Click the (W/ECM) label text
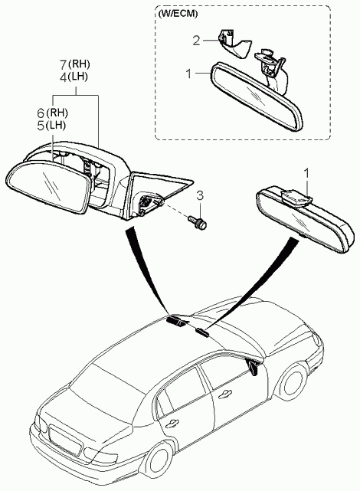click(x=178, y=14)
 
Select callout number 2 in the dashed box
click(x=196, y=41)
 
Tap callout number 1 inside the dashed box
click(x=188, y=74)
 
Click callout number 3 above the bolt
click(x=200, y=196)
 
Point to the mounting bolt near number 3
click(x=198, y=221)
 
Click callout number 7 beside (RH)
click(x=63, y=64)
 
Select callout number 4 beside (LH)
click(x=63, y=77)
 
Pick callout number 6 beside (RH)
click(x=41, y=113)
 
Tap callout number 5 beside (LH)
click(x=41, y=126)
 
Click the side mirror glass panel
click(x=47, y=186)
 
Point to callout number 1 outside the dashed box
click(x=307, y=173)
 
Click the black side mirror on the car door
click(x=253, y=366)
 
